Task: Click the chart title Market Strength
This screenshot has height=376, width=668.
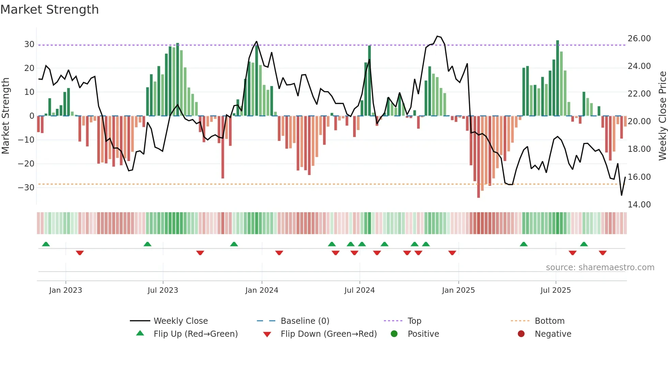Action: (49, 10)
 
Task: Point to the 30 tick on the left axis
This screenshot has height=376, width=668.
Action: (29, 44)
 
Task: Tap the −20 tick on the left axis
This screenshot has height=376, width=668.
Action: (26, 164)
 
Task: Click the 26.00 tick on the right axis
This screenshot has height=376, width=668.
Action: (639, 39)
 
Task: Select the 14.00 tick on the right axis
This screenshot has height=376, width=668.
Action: (639, 205)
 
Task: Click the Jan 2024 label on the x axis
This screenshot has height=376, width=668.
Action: (261, 290)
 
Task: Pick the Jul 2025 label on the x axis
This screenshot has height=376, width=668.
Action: (556, 290)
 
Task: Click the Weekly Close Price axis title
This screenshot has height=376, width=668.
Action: (662, 116)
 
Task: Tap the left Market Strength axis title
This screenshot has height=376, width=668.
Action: (5, 116)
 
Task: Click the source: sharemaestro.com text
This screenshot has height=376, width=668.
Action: (600, 267)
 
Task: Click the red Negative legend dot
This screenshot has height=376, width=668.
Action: (521, 334)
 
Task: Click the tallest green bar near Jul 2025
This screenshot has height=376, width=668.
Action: (558, 78)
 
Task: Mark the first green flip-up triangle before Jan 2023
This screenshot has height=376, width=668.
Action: (46, 244)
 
